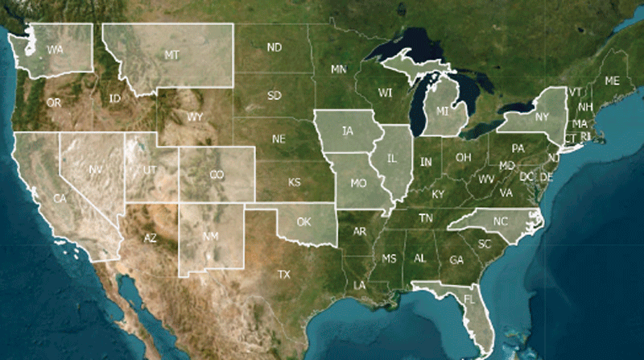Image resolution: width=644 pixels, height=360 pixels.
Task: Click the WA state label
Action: tap(56, 50)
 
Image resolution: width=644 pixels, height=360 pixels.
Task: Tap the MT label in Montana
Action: tap(171, 56)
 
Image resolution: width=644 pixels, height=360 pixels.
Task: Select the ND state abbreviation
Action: tap(275, 48)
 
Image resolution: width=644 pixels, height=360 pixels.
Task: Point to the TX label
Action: tap(283, 275)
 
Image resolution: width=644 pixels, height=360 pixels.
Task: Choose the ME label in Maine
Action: tap(613, 81)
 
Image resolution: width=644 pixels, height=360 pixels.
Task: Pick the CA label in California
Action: tap(60, 198)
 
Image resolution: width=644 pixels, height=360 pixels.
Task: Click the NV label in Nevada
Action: tap(96, 170)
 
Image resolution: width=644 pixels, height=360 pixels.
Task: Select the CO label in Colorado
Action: tap(217, 175)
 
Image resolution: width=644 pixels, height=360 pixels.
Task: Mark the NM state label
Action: tap(210, 237)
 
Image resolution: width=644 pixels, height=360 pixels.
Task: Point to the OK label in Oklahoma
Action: tap(303, 221)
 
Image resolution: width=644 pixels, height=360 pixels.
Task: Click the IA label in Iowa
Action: tap(347, 130)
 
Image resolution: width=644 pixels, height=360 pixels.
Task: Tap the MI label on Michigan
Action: tap(443, 110)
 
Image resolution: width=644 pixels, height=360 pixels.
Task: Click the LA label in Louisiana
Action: tap(359, 286)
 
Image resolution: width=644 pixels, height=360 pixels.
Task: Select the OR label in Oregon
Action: tap(54, 103)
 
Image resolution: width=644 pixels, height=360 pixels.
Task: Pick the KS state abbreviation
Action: tap(294, 183)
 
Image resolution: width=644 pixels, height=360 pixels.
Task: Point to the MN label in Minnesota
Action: tap(338, 70)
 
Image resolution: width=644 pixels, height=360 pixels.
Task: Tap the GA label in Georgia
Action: tap(456, 260)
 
